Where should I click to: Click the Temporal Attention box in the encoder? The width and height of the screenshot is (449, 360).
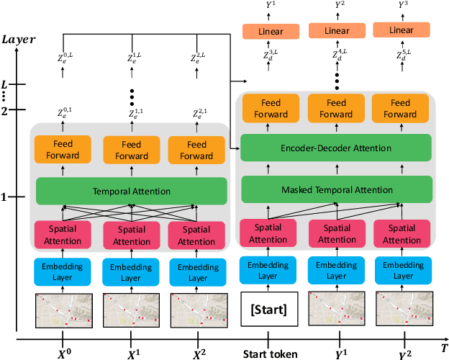pyautogui.click(x=131, y=191)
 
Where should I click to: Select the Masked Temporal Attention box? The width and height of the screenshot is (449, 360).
pyautogui.click(x=337, y=189)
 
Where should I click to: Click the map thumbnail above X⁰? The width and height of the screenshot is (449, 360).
pyautogui.click(x=62, y=310)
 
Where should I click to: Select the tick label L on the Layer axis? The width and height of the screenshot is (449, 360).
pyautogui.click(x=5, y=84)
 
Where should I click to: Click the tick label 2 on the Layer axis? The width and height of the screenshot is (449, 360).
pyautogui.click(x=5, y=110)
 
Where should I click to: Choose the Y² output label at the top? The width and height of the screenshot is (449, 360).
pyautogui.click(x=336, y=6)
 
